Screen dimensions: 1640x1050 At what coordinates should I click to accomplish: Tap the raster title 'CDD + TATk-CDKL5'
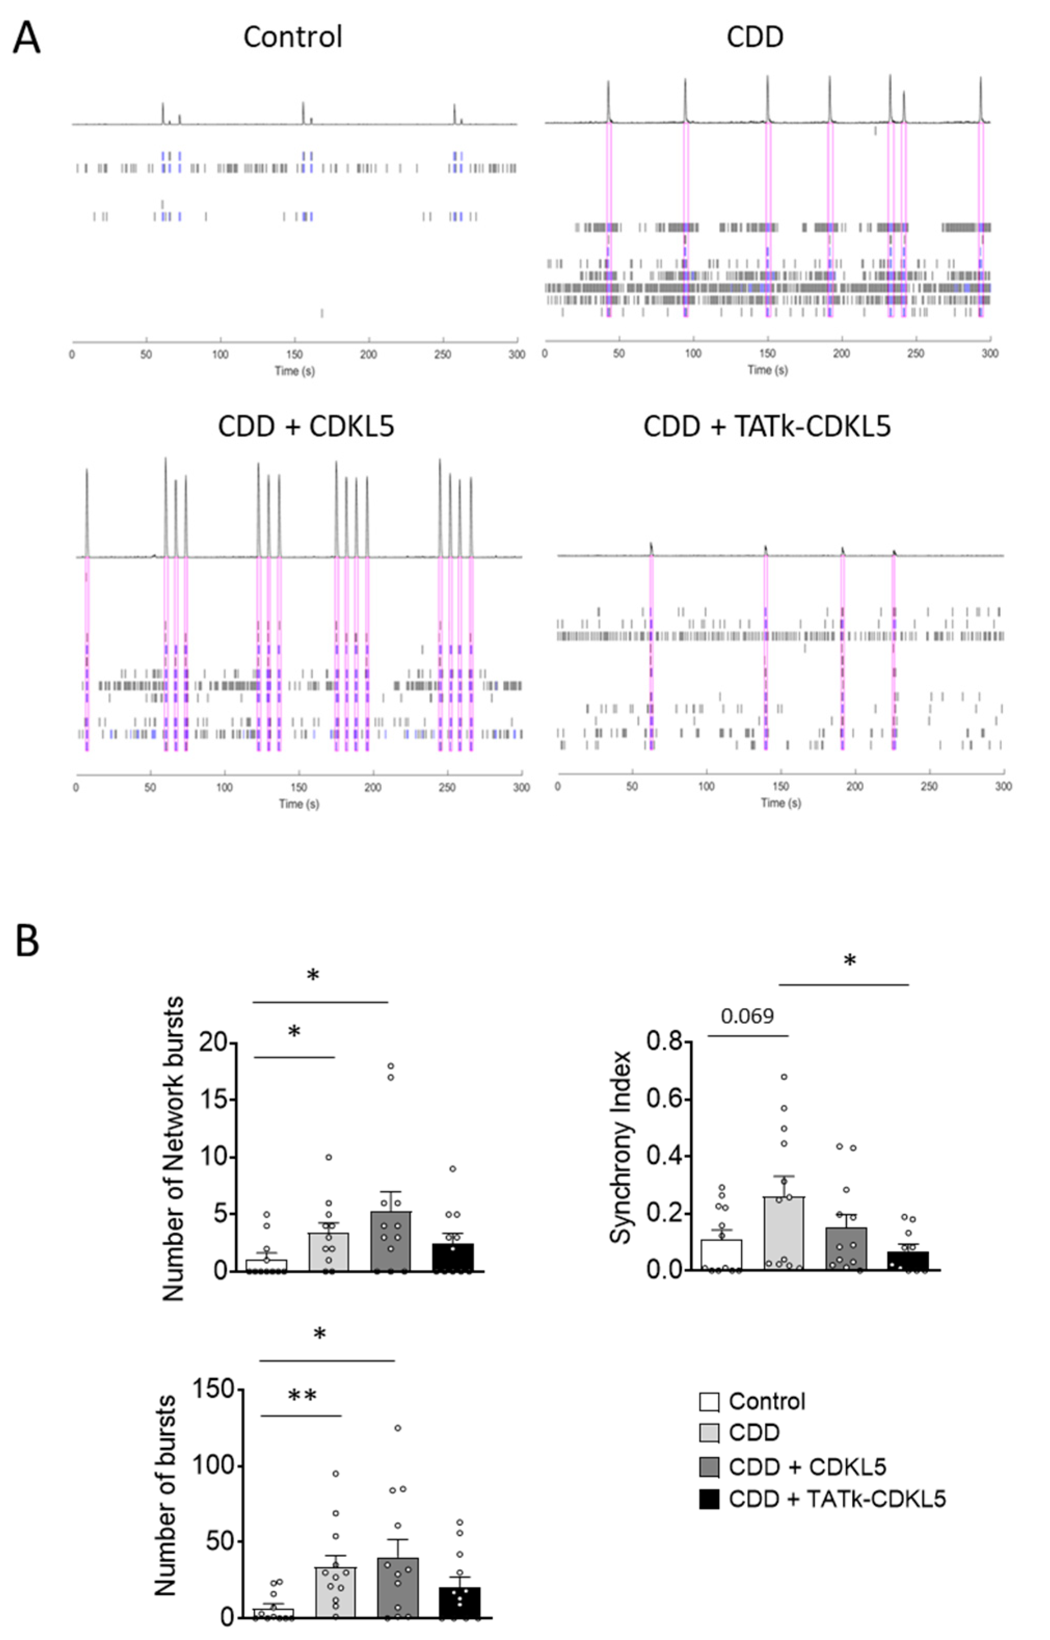click(766, 427)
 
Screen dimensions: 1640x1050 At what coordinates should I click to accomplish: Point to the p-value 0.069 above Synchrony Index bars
click(747, 1016)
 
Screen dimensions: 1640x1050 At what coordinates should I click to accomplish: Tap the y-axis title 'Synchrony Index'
click(621, 1147)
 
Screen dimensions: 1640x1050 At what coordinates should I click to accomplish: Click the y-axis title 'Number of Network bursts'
click(174, 1149)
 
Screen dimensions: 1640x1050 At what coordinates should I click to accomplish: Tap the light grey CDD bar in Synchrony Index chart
click(784, 1234)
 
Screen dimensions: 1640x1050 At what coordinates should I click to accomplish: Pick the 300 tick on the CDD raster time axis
click(989, 353)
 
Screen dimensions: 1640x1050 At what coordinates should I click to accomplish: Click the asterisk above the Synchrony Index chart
click(849, 961)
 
